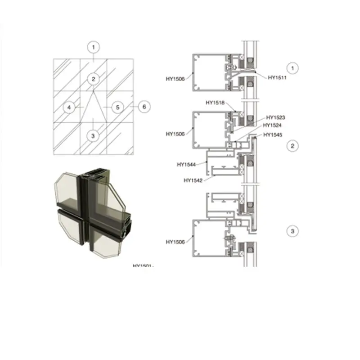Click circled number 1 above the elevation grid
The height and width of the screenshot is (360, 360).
[x=93, y=46]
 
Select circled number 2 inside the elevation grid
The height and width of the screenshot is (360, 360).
[x=93, y=79]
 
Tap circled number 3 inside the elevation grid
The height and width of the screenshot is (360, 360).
[x=93, y=135]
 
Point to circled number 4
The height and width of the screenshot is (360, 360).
[x=69, y=107]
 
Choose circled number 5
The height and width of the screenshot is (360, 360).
[x=117, y=107]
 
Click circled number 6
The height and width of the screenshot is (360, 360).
[x=144, y=107]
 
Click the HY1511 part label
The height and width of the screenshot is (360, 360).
[x=277, y=77]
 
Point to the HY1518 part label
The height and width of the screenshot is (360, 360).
[x=215, y=103]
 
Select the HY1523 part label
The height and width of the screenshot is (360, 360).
[x=275, y=117]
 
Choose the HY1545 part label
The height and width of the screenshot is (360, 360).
[x=273, y=135]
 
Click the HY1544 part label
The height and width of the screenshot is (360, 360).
[x=186, y=165]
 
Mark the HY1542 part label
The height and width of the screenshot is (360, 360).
[x=193, y=180]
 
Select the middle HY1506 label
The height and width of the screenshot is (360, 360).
[x=175, y=134]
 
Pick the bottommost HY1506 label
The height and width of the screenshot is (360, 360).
[x=175, y=242]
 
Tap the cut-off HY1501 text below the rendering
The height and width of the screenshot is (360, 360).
[x=144, y=265]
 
